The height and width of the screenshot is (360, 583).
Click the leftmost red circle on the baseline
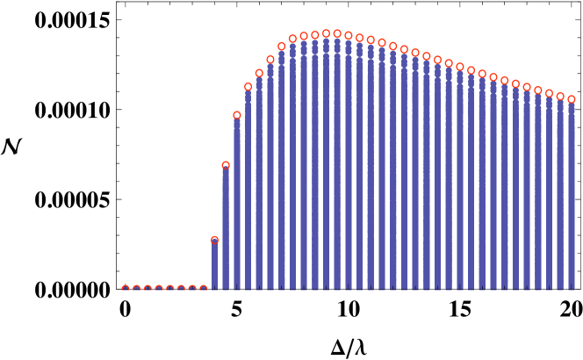click(x=126, y=288)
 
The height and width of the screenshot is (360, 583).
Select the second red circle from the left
click(x=136, y=288)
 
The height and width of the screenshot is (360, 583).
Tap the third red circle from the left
click(x=148, y=288)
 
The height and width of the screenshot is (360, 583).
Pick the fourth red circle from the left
click(x=159, y=288)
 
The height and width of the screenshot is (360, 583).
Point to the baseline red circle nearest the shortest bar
click(x=204, y=288)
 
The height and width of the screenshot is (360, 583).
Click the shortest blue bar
click(x=214, y=265)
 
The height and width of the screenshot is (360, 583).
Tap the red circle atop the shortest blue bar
click(x=214, y=240)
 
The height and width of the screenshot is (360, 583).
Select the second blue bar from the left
click(x=226, y=228)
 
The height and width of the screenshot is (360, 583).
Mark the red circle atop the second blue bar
click(x=226, y=165)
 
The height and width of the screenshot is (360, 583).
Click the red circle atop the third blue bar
click(x=237, y=115)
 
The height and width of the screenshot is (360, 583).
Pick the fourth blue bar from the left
click(x=248, y=189)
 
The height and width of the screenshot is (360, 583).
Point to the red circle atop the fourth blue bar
click(x=248, y=87)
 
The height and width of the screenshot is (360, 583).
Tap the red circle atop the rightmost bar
click(x=572, y=99)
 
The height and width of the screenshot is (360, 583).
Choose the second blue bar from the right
click(x=560, y=193)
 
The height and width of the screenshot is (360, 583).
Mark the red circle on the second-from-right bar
click(x=560, y=97)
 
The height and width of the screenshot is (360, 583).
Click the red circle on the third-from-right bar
click(x=550, y=93)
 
